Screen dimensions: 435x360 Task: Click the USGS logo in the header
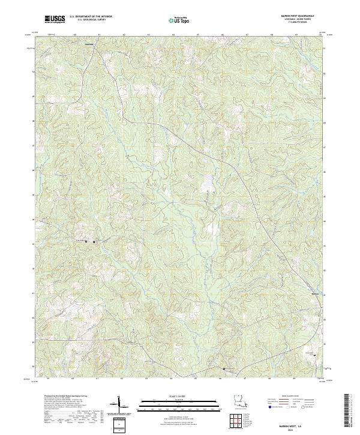pos(52,20)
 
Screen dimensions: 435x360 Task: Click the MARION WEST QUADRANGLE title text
pos(302,16)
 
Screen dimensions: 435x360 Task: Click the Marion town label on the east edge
pos(316,293)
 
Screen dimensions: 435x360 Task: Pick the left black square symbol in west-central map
pos(86,241)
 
